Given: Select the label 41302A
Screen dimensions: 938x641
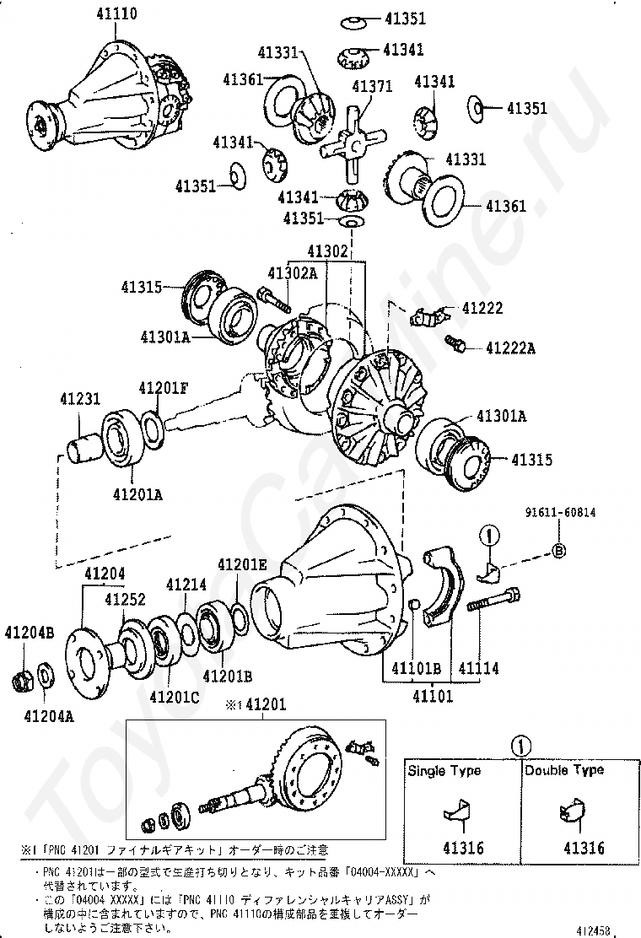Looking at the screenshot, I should [x=293, y=272].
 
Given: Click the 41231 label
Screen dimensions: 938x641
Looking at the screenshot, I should [x=79, y=398].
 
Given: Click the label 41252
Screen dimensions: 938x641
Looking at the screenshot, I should [x=125, y=599].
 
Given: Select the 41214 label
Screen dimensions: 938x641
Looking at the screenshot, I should [x=186, y=584].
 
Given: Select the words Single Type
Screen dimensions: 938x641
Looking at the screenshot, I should [x=444, y=770].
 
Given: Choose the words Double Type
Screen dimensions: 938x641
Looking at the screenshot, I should [x=564, y=770].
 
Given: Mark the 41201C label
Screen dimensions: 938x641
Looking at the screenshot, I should [x=174, y=697].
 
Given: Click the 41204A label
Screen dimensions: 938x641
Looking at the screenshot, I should [x=48, y=716].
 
